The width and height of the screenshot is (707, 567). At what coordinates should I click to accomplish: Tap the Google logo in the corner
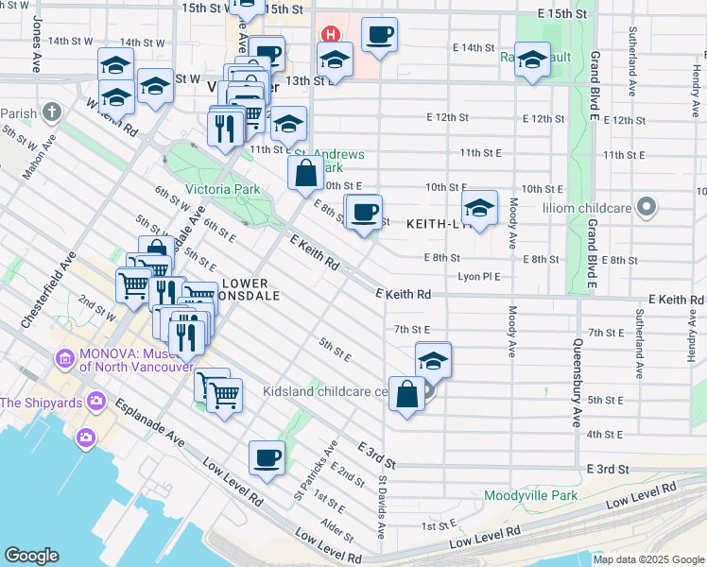[x=31, y=556]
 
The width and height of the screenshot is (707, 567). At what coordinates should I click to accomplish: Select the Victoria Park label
[x=223, y=189]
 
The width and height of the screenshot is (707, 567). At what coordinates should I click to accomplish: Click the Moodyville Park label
[x=530, y=495]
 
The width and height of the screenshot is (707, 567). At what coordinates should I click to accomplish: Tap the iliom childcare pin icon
[x=647, y=206]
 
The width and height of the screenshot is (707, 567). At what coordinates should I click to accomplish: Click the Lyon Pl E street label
[x=478, y=276]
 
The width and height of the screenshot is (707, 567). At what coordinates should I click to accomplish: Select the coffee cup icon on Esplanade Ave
[x=267, y=459]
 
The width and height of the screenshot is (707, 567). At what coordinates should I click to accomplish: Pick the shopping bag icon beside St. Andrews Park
[x=305, y=173]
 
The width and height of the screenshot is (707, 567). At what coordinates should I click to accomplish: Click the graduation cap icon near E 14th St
[x=532, y=60]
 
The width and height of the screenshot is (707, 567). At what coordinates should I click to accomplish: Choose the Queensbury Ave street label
[x=576, y=383]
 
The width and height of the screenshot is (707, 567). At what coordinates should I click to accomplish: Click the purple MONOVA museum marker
[x=65, y=359]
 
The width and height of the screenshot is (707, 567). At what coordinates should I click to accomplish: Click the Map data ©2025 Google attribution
[x=648, y=559]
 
